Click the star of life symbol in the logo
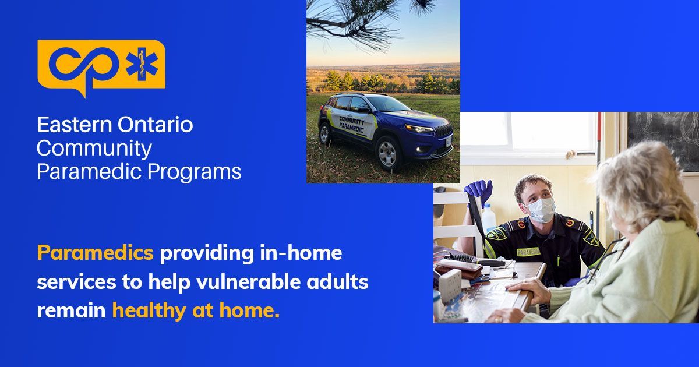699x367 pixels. [x=142, y=64]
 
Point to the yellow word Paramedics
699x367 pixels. [x=95, y=253]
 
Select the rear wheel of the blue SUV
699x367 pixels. [x=324, y=133]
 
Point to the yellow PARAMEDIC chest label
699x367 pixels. [x=528, y=252]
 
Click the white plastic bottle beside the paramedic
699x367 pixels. [x=488, y=218]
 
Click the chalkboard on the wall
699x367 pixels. [x=663, y=133]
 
